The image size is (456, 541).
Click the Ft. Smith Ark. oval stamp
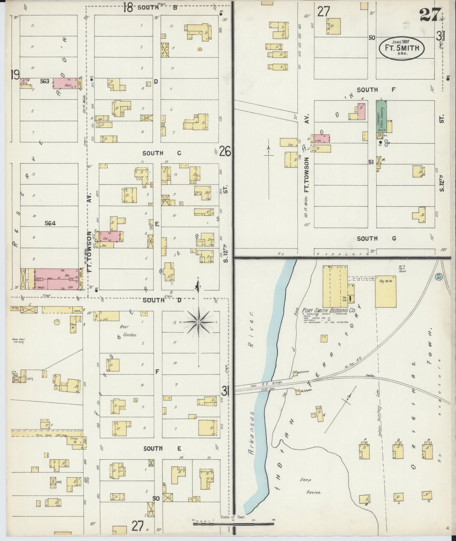coord(402,49)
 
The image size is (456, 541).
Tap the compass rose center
coord(199,322)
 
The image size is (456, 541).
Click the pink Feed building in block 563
coord(66,83)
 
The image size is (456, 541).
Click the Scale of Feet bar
coord(234,524)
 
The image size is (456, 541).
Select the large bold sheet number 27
coord(430,15)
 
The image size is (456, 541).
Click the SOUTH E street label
coord(160,449)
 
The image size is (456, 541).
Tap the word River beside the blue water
coord(250,321)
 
